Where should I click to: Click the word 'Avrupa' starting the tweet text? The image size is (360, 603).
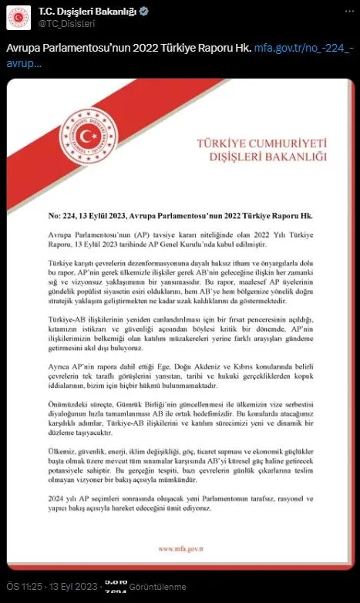[x=23, y=48]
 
